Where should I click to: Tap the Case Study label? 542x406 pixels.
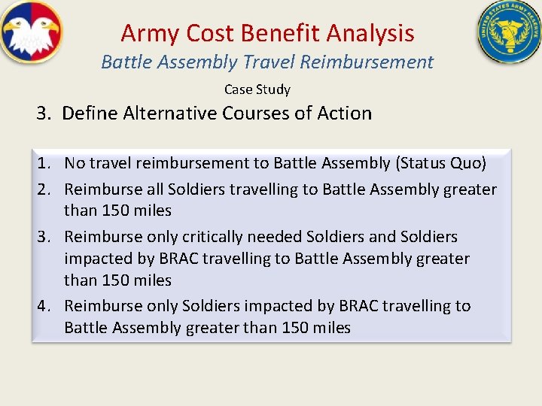[257, 89]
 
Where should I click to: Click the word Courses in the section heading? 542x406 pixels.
[257, 114]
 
